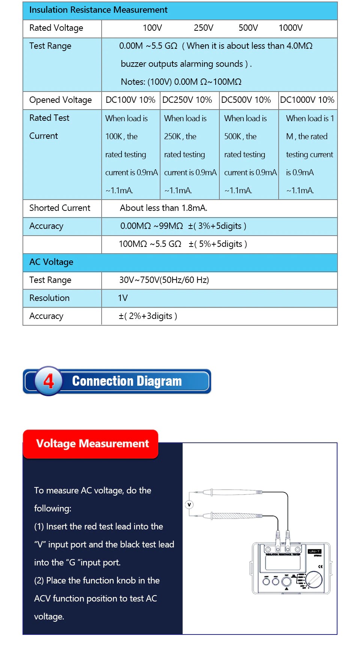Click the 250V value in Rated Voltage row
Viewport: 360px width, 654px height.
pyautogui.click(x=203, y=28)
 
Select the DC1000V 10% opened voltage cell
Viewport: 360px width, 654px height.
pyautogui.click(x=307, y=100)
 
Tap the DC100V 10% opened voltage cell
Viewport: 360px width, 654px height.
pyautogui.click(x=130, y=100)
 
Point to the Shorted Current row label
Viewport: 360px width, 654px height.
pyautogui.click(x=60, y=208)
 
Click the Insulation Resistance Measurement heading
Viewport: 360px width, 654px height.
pyautogui.click(x=98, y=10)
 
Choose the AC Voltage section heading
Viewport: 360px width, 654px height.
pyautogui.click(x=51, y=262)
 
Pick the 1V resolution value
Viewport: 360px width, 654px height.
pyautogui.click(x=123, y=298)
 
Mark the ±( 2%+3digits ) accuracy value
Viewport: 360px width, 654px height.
pyautogui.click(x=148, y=316)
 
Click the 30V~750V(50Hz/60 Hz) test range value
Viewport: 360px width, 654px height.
pyautogui.click(x=164, y=280)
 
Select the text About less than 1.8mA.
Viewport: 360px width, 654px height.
pyautogui.click(x=163, y=208)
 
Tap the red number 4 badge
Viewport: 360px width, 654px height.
pyautogui.click(x=48, y=382)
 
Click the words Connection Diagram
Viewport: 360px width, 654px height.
pyautogui.click(x=127, y=382)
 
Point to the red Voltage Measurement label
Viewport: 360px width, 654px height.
pyautogui.click(x=92, y=444)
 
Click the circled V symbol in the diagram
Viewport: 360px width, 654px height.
pyautogui.click(x=189, y=505)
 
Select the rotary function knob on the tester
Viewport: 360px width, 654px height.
pyautogui.click(x=314, y=580)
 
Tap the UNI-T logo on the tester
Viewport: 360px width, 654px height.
pyautogui.click(x=314, y=552)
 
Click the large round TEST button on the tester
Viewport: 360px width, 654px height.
pyautogui.click(x=286, y=582)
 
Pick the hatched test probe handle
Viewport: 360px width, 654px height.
pyautogui.click(x=234, y=516)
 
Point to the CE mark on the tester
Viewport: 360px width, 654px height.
pyautogui.click(x=320, y=567)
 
